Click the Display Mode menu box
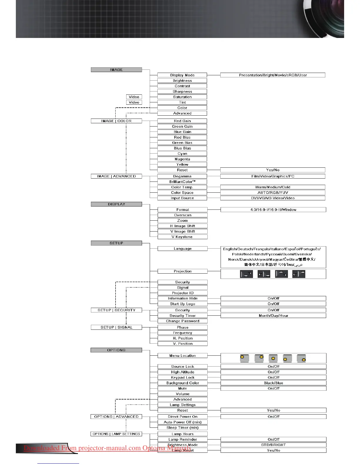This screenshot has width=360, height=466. [x=182, y=75]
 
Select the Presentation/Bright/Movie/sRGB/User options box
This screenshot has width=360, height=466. [x=273, y=75]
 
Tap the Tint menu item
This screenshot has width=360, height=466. [x=182, y=102]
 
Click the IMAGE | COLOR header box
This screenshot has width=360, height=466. [x=116, y=121]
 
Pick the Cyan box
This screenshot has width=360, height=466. [x=182, y=154]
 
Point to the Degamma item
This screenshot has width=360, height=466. [x=182, y=176]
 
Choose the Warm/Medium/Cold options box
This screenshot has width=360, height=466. [x=273, y=187]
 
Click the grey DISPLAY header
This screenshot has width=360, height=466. [x=116, y=204]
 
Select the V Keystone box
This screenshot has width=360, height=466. [x=182, y=237]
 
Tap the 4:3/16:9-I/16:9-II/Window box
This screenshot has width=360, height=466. [x=273, y=210]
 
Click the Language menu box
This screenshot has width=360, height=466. [x=182, y=249]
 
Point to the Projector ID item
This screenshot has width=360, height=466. [x=182, y=293]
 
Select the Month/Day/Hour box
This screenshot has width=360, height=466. [x=273, y=316]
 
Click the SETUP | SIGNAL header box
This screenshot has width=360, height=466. [x=116, y=327]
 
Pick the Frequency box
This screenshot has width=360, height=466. [x=182, y=333]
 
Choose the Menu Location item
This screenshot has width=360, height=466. [x=182, y=356]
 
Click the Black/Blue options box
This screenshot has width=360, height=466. [x=273, y=383]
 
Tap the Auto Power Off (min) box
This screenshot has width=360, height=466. [x=182, y=422]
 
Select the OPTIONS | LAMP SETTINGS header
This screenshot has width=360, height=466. [x=116, y=434]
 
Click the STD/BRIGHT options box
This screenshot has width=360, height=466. [x=273, y=445]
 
